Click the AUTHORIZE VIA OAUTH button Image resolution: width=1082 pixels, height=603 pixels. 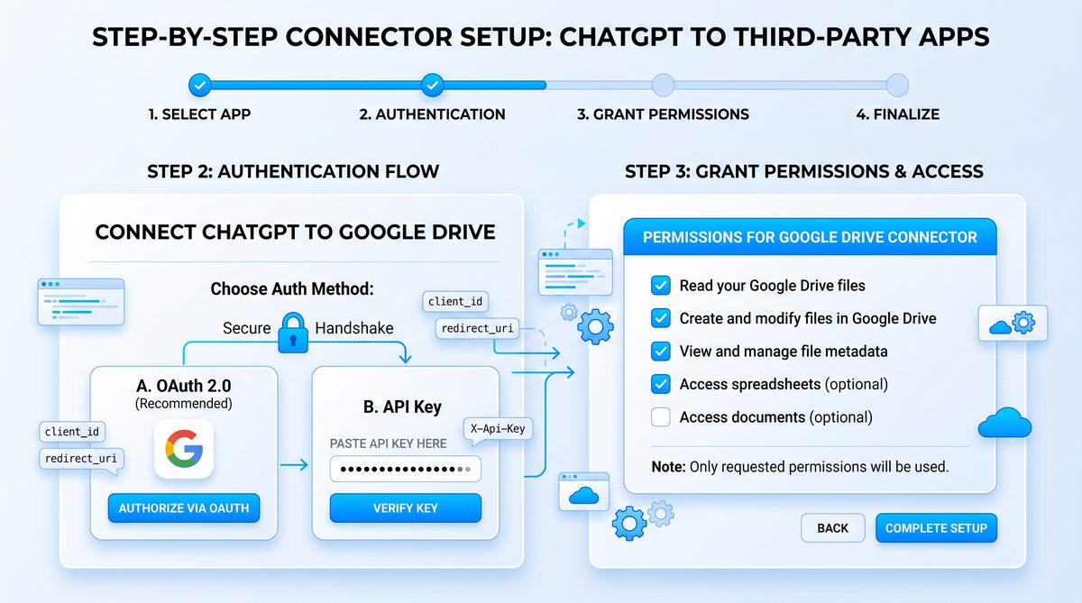(x=184, y=507)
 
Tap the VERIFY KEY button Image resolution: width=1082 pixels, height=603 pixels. (x=405, y=507)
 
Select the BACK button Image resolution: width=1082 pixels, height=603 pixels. (x=832, y=527)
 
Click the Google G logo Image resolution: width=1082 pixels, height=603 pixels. (x=184, y=449)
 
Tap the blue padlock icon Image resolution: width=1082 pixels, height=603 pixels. (x=293, y=333)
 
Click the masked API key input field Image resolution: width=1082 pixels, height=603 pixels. (x=405, y=469)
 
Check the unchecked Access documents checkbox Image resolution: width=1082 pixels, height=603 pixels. (x=660, y=417)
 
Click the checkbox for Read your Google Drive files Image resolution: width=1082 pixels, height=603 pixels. (x=660, y=286)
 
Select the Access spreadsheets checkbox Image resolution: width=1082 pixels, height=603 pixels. (x=660, y=384)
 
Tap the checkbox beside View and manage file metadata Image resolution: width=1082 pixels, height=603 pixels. (x=660, y=351)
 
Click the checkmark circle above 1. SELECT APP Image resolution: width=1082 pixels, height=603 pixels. (x=199, y=86)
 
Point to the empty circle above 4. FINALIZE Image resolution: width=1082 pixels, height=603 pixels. (x=897, y=86)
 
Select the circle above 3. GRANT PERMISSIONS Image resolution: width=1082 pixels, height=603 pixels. (x=664, y=86)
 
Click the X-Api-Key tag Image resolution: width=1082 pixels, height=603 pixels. (x=498, y=429)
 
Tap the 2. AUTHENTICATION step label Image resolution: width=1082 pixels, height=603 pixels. (x=432, y=114)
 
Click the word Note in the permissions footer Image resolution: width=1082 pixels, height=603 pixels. (x=668, y=467)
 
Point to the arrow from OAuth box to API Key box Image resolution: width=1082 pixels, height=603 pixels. (x=294, y=465)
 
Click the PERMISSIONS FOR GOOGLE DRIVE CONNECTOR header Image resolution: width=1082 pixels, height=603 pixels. (x=810, y=237)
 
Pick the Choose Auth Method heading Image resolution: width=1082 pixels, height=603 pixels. (x=292, y=288)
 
